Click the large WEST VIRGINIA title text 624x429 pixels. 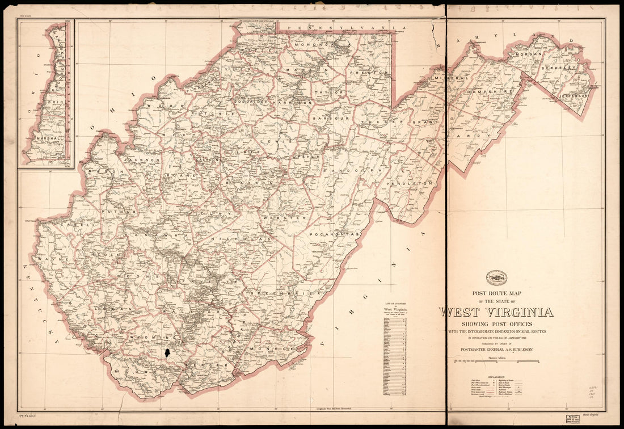[496, 312]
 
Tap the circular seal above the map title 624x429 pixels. [496, 278]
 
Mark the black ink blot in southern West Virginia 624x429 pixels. [168, 352]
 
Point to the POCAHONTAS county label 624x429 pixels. [335, 234]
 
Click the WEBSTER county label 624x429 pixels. [293, 217]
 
